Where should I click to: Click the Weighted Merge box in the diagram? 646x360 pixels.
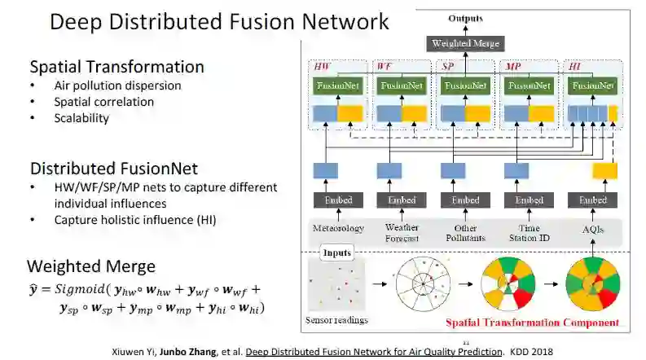point(465,42)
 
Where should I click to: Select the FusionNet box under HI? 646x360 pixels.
point(592,85)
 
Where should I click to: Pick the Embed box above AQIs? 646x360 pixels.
point(593,200)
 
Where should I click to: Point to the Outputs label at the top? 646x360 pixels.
point(465,18)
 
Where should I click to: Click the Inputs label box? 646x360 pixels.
point(336,253)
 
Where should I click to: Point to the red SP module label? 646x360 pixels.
point(448,65)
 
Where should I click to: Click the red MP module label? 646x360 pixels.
point(513,65)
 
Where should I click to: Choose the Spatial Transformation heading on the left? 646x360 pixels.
point(116,67)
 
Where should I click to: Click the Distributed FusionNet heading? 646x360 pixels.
point(114,169)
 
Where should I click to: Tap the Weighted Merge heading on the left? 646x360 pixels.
point(91,266)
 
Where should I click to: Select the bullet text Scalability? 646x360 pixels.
point(81,118)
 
